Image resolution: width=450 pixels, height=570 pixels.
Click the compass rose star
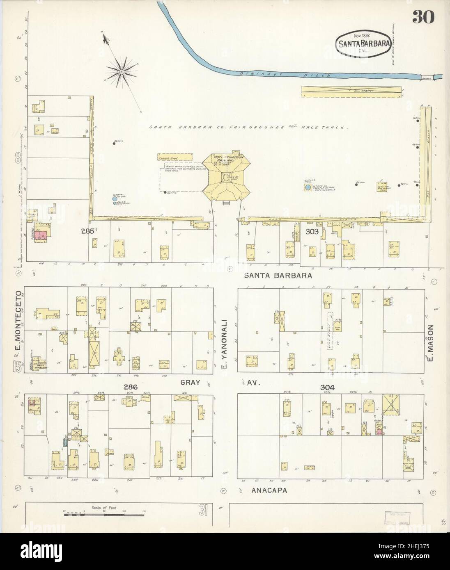coord(122,72)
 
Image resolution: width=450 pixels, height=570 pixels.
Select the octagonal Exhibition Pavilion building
coord(226,176)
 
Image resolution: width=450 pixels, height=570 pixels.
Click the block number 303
coord(312,232)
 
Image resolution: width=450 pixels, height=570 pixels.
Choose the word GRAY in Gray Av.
coord(190,383)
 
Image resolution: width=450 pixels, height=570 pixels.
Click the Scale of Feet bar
coord(105,514)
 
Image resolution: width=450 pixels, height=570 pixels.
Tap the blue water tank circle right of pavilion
coord(308,187)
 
